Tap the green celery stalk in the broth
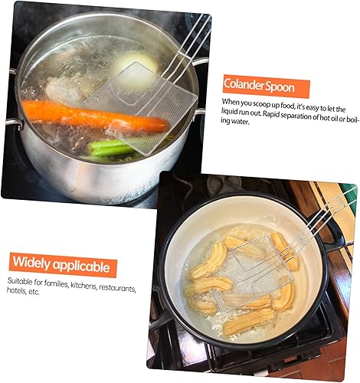[x=113, y=149]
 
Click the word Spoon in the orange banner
[x=280, y=87]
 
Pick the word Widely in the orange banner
[x=31, y=262]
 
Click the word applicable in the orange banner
[x=81, y=267]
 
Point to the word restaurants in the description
[x=117, y=288]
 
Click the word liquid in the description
[x=229, y=112]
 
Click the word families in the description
[x=56, y=283]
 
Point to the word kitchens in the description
[x=83, y=286]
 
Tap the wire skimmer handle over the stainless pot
[x=189, y=44]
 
